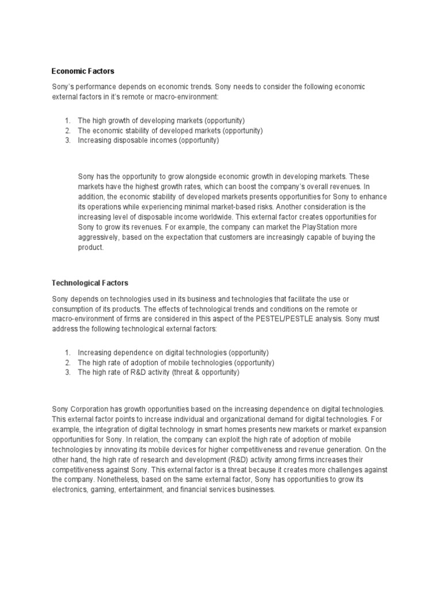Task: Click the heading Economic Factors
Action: pos(83,71)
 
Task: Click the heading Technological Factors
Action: pos(90,283)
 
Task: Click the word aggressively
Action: pos(99,238)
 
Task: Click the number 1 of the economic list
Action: pos(67,121)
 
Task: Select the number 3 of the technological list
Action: pos(67,372)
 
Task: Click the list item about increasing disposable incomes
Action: pos(148,140)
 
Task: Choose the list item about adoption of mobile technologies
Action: pos(176,362)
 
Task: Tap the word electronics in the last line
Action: pos(70,490)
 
